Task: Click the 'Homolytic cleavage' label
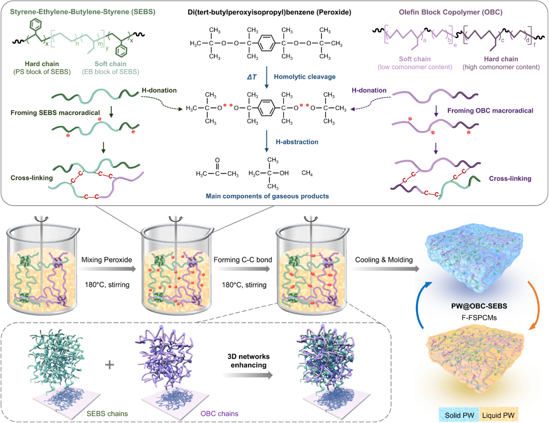304,77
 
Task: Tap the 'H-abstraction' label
297,142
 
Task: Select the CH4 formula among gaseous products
307,173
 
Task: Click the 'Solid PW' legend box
459,415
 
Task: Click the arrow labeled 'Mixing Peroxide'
107,269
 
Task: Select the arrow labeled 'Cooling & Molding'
384,269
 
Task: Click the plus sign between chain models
109,364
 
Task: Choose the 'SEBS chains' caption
107,414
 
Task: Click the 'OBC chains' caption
219,414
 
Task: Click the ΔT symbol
252,77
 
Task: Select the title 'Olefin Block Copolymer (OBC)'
451,12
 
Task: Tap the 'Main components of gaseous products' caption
267,196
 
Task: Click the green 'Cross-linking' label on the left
32,178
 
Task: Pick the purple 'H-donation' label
369,90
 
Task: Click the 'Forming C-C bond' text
243,260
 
